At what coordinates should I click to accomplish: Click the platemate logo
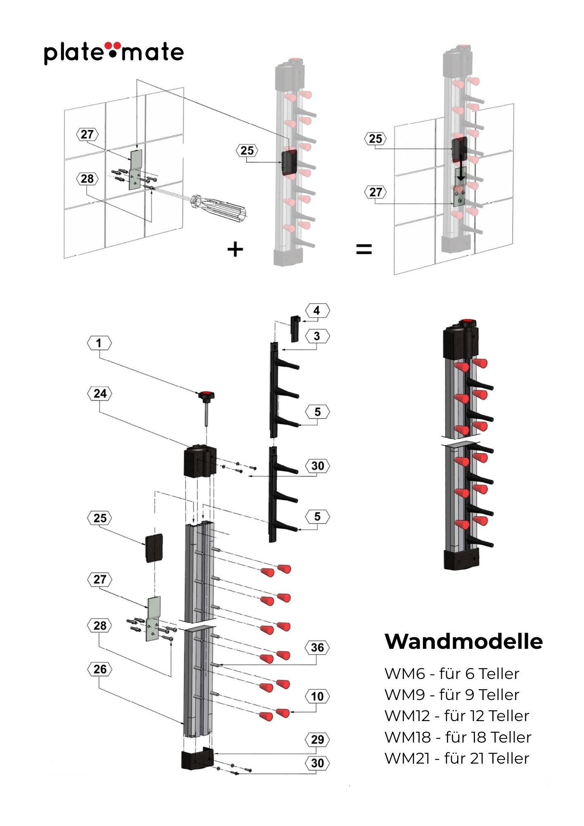(x=114, y=52)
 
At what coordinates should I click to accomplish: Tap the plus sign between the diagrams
(x=235, y=249)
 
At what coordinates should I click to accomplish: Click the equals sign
(x=364, y=249)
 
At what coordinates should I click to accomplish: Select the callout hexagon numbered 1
(x=99, y=343)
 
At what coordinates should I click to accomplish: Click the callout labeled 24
(x=100, y=394)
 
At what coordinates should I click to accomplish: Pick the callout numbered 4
(x=317, y=311)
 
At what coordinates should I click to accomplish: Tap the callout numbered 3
(x=317, y=336)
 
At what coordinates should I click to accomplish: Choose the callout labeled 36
(x=317, y=647)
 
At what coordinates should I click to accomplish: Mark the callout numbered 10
(x=317, y=697)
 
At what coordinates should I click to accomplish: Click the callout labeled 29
(x=317, y=739)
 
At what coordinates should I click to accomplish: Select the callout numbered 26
(x=100, y=669)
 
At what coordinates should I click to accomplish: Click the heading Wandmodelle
(x=463, y=641)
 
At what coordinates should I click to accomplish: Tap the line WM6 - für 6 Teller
(x=451, y=674)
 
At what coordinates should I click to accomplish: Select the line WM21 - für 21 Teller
(x=456, y=758)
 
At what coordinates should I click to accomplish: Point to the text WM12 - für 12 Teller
(x=456, y=716)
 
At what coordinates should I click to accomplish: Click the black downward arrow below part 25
(x=461, y=173)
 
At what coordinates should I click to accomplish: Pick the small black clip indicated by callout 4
(x=295, y=329)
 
